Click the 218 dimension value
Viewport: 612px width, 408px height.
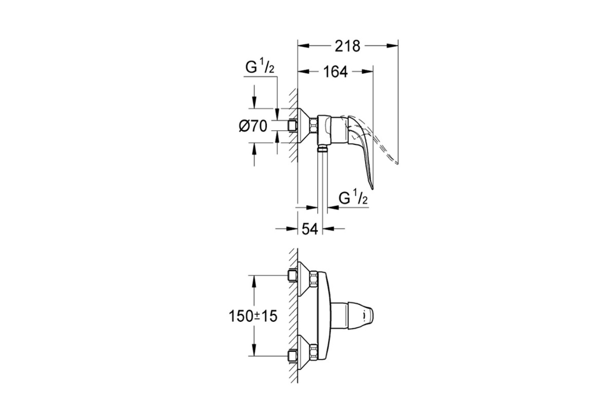coord(347,46)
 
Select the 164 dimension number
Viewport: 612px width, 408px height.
coord(336,72)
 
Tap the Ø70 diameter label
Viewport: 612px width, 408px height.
coord(253,126)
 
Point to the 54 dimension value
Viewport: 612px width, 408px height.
coord(310,228)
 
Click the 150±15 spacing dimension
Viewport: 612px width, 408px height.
coord(253,316)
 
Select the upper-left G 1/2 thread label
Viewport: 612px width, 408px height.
coord(260,67)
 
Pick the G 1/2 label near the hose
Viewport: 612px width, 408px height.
coord(353,198)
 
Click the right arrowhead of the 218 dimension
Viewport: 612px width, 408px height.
coord(392,46)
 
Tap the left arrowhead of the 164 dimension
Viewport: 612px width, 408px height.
coord(303,71)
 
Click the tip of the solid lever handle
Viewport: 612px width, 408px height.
coord(372,188)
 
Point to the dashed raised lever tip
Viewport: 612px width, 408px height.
coord(397,163)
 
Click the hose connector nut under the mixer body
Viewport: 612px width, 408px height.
coord(323,149)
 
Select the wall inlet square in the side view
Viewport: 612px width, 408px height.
coord(293,126)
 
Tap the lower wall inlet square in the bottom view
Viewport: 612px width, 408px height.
coord(293,356)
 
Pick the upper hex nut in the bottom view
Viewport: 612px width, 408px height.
coord(314,279)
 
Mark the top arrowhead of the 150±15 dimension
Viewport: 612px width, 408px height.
coord(254,281)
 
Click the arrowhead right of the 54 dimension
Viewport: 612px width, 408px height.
coord(328,228)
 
